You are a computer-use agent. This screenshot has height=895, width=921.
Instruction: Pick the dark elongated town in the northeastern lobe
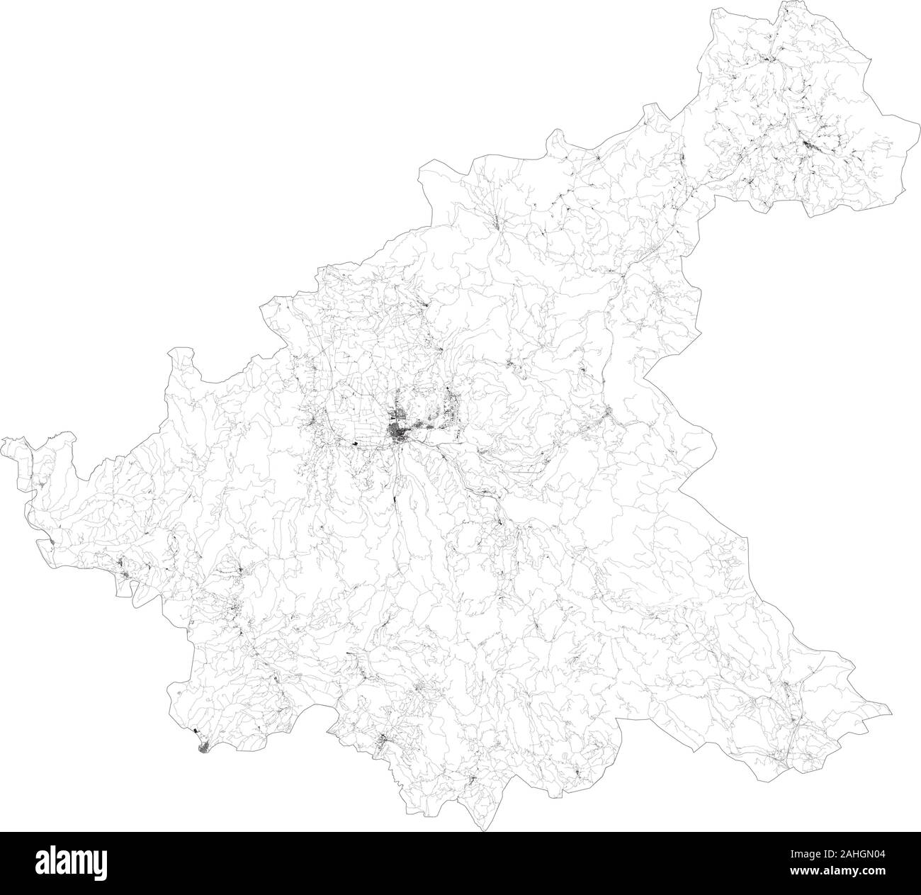tap(810, 147)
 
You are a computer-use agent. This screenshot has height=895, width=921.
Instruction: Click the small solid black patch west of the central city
tap(354, 444)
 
